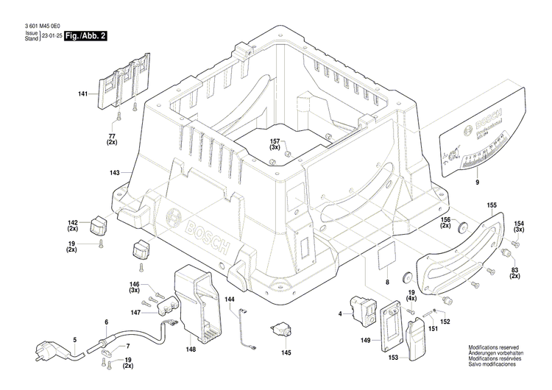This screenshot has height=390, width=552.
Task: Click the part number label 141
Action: [83, 93]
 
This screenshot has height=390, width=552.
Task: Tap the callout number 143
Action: [114, 173]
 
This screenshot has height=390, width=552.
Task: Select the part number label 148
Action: [191, 350]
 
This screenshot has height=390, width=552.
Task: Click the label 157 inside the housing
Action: [275, 143]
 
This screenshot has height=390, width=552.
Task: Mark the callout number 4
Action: [340, 314]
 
